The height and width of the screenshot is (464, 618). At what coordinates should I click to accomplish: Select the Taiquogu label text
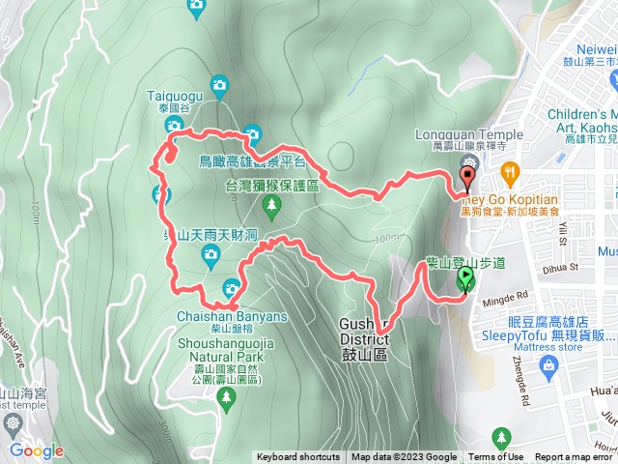click(175, 95)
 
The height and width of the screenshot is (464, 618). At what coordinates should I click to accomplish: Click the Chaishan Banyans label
click(218, 316)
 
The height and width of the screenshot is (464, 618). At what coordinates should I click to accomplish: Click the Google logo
click(36, 450)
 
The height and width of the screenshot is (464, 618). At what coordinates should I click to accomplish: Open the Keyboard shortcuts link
click(297, 457)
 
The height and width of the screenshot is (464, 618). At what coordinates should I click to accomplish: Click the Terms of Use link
click(496, 457)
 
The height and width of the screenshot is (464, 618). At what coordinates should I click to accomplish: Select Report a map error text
click(574, 457)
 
